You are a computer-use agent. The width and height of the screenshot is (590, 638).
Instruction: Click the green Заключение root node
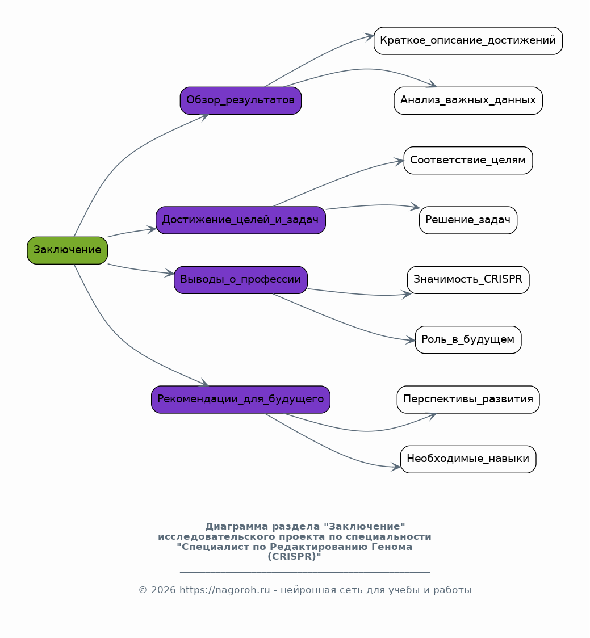point(67,250)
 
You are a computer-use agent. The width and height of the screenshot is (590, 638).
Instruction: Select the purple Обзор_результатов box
point(241,100)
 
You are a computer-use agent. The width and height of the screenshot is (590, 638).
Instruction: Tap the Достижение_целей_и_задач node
point(241,220)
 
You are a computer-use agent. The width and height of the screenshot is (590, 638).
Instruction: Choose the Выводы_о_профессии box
point(241,280)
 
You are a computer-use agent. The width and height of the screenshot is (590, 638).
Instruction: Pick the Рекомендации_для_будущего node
point(241,400)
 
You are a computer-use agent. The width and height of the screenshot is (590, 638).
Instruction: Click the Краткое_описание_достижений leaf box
point(468,41)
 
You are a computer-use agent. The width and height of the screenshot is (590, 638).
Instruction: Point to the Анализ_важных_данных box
point(468,100)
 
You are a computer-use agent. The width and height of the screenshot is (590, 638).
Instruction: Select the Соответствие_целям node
point(468,160)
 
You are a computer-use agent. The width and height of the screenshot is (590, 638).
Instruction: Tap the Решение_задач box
point(468,220)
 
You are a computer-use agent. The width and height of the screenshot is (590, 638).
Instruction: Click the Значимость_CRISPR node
point(468,280)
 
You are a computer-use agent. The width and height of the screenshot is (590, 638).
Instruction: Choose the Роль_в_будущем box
point(468,340)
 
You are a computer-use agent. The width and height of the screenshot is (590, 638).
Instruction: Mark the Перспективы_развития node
point(468,400)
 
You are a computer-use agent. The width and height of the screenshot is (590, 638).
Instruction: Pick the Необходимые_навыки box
point(468,459)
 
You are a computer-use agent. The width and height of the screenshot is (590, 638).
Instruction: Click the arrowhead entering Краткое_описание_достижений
point(369,37)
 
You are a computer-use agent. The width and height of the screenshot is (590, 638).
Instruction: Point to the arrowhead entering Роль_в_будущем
point(411,340)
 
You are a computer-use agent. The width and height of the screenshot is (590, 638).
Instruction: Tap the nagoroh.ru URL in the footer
point(225,590)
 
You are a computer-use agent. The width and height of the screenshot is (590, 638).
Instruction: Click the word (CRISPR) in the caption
point(294,557)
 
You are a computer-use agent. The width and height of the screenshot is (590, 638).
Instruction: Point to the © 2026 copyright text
point(157,590)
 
